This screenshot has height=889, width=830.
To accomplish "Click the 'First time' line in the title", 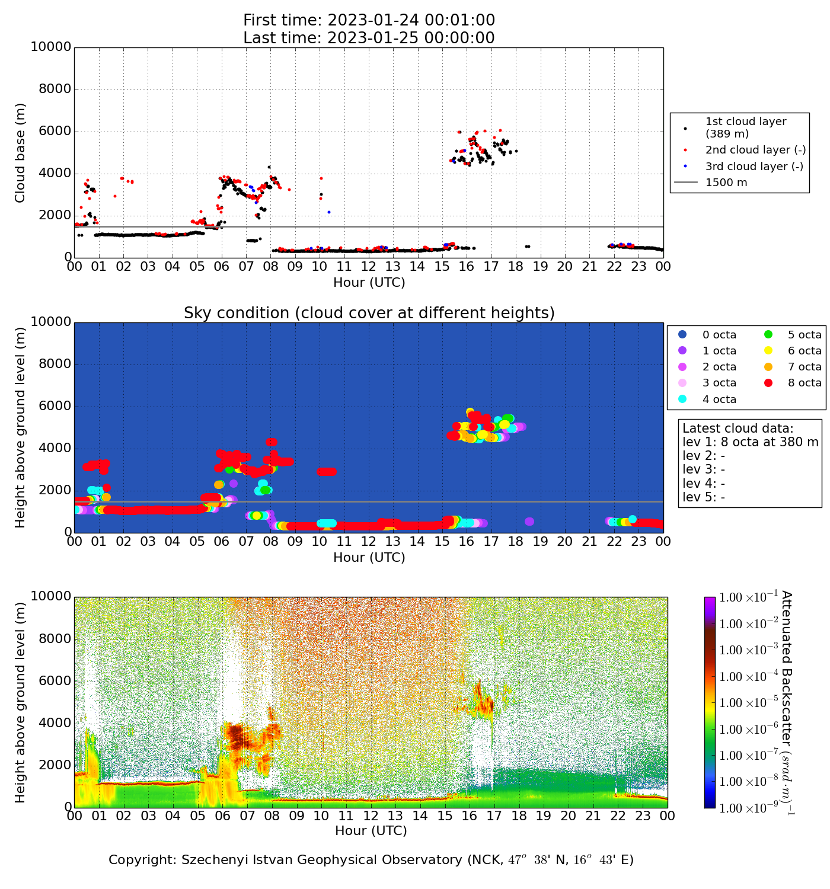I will coord(369,20).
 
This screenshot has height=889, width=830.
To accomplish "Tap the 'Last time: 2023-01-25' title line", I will coord(369,38).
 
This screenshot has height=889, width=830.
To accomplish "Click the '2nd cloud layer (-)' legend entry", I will coord(755,151).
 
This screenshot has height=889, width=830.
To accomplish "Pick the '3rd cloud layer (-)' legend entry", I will coord(754,167).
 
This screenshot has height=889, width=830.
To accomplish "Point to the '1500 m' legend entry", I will coord(726,183).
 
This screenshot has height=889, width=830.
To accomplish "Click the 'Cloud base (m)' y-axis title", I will coord(21,152).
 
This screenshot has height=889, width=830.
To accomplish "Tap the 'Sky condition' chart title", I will coord(369,313).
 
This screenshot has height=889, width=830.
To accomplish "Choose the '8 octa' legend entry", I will coord(804,383).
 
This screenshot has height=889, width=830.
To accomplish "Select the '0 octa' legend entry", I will coord(719,335).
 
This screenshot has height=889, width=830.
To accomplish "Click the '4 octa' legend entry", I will coord(719,399).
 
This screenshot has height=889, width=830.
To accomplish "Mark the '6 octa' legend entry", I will coord(804,351).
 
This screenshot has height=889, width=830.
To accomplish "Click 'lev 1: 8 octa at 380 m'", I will coord(750,442).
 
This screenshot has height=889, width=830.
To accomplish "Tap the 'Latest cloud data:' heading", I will coord(738,428).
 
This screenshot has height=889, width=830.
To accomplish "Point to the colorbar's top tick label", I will coord(748,597).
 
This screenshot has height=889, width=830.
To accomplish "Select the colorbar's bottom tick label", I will coord(748,808).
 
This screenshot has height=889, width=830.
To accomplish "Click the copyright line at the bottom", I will coord(371,860).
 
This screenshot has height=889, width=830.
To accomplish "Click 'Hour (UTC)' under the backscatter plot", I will coord(371,831).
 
